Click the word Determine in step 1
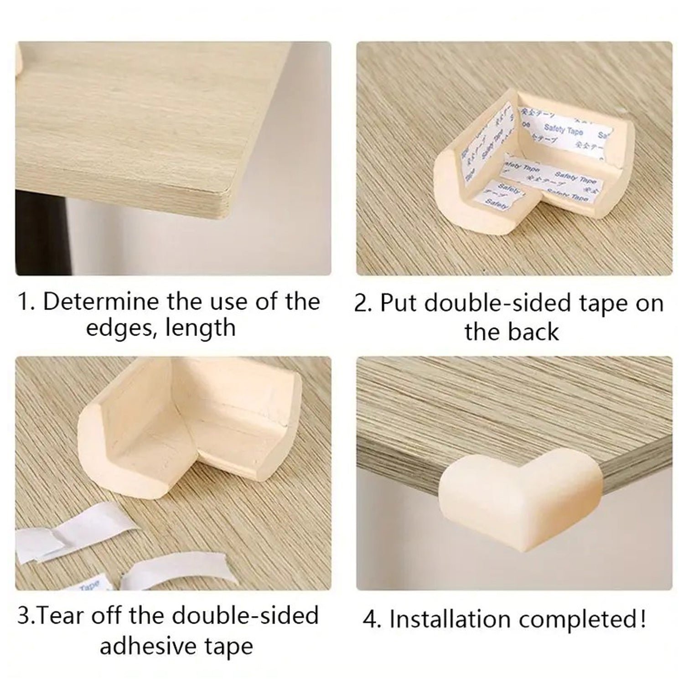(100, 302)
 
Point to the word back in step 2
(535, 332)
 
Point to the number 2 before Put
(361, 304)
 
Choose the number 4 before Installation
(370, 620)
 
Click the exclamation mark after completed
(643, 619)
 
